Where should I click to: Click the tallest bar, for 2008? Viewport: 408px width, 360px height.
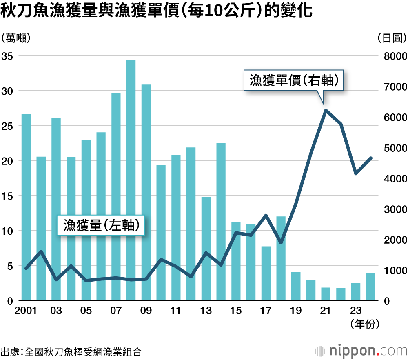pyautogui.click(x=131, y=180)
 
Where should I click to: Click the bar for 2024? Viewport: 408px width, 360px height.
pyautogui.click(x=370, y=287)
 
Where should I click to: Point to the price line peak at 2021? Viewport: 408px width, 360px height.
pyautogui.click(x=326, y=110)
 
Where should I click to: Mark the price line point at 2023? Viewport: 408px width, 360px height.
pyautogui.click(x=356, y=173)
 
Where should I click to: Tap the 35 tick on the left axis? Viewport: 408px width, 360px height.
pyautogui.click(x=7, y=56)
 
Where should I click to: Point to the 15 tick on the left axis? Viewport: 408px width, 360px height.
pyautogui.click(x=7, y=196)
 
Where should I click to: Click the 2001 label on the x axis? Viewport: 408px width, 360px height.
pyautogui.click(x=25, y=311)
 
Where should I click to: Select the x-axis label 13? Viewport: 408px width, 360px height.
pyautogui.click(x=206, y=311)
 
